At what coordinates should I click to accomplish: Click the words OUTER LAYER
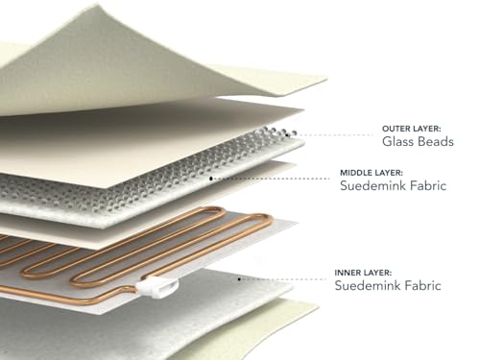click(x=412, y=129)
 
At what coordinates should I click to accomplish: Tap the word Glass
click(x=399, y=141)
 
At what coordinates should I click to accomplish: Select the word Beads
click(x=438, y=141)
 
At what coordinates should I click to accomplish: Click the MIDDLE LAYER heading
click(x=372, y=173)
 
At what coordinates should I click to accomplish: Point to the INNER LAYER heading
click(x=363, y=273)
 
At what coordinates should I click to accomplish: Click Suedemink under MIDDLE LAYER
click(x=371, y=185)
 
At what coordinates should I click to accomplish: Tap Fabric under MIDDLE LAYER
click(x=426, y=185)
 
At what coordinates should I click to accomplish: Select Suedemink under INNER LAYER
click(x=366, y=285)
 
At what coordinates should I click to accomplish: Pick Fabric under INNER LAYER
click(x=420, y=285)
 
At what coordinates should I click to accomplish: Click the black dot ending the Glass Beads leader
click(x=287, y=135)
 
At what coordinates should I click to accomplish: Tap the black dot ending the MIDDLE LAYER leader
click(x=211, y=179)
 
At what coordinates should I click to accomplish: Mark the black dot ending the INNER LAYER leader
click(x=239, y=279)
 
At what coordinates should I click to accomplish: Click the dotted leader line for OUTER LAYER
click(x=331, y=135)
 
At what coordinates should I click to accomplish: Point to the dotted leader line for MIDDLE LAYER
click(x=272, y=179)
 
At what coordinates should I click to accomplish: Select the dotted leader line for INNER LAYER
click(x=283, y=279)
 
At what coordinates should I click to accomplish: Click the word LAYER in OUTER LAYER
click(x=426, y=129)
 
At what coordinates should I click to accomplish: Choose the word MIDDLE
click(x=354, y=173)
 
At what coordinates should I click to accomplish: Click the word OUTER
click(x=396, y=129)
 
